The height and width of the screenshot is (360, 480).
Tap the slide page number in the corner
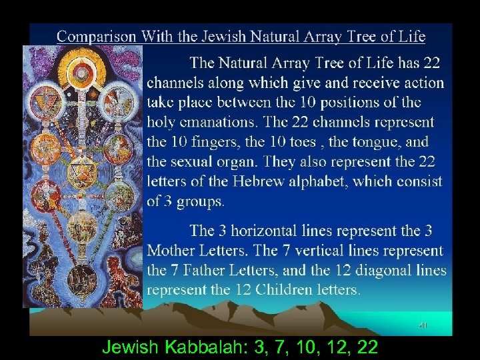coord(423,325)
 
